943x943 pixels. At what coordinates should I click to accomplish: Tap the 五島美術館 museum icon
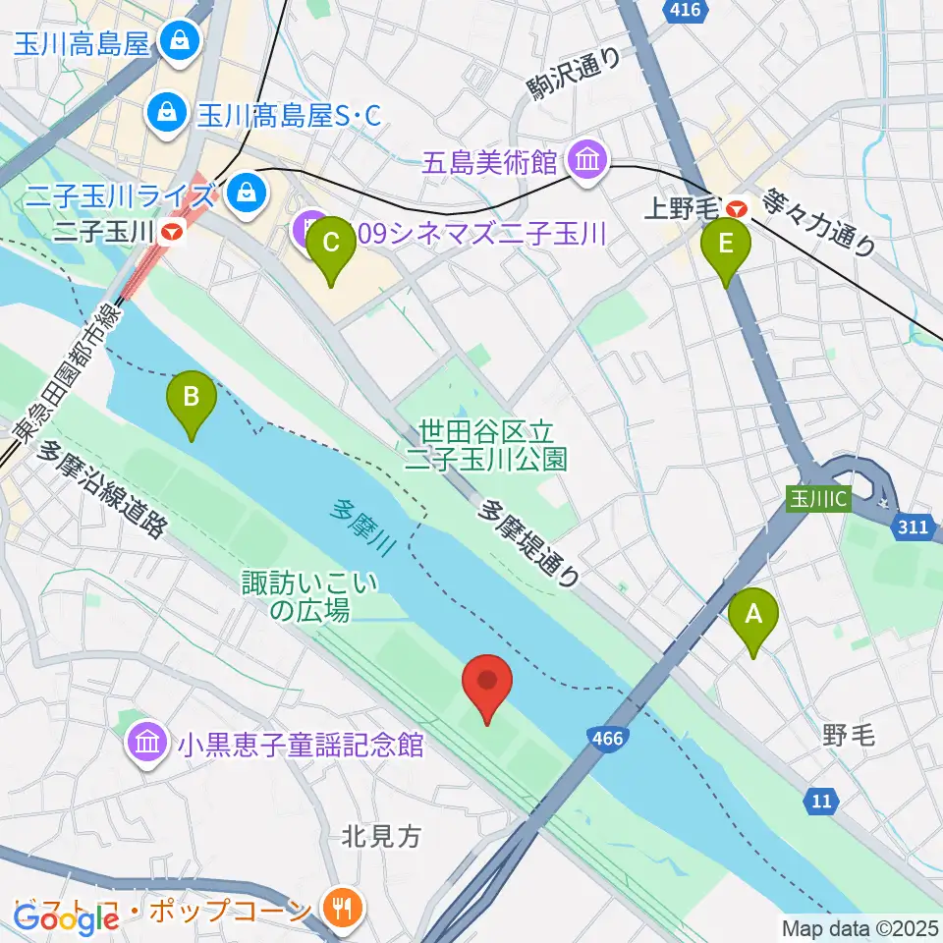coord(587,160)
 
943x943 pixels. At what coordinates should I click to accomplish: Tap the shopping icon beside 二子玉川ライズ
coord(242,191)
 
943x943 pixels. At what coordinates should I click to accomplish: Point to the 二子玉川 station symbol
coord(173,233)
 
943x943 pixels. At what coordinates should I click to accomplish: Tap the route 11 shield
coord(821,802)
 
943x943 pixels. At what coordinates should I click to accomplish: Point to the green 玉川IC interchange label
coord(818,498)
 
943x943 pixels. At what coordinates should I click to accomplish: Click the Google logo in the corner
coord(66,918)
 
